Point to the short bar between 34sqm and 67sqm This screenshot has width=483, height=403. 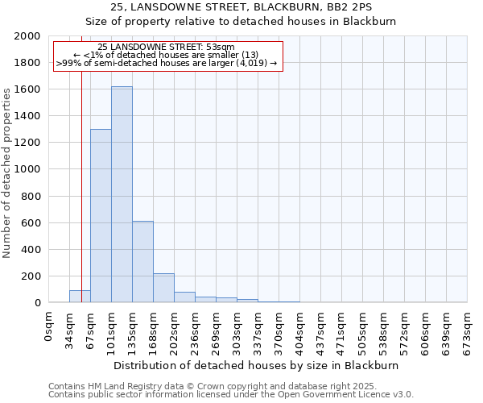80,296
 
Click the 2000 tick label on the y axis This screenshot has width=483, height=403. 27,36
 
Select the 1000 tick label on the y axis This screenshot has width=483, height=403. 27,169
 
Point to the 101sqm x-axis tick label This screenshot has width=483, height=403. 112,327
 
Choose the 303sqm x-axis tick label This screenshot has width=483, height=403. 237,327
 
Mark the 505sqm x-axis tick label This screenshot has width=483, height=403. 363,327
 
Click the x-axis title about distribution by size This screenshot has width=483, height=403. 256,365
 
